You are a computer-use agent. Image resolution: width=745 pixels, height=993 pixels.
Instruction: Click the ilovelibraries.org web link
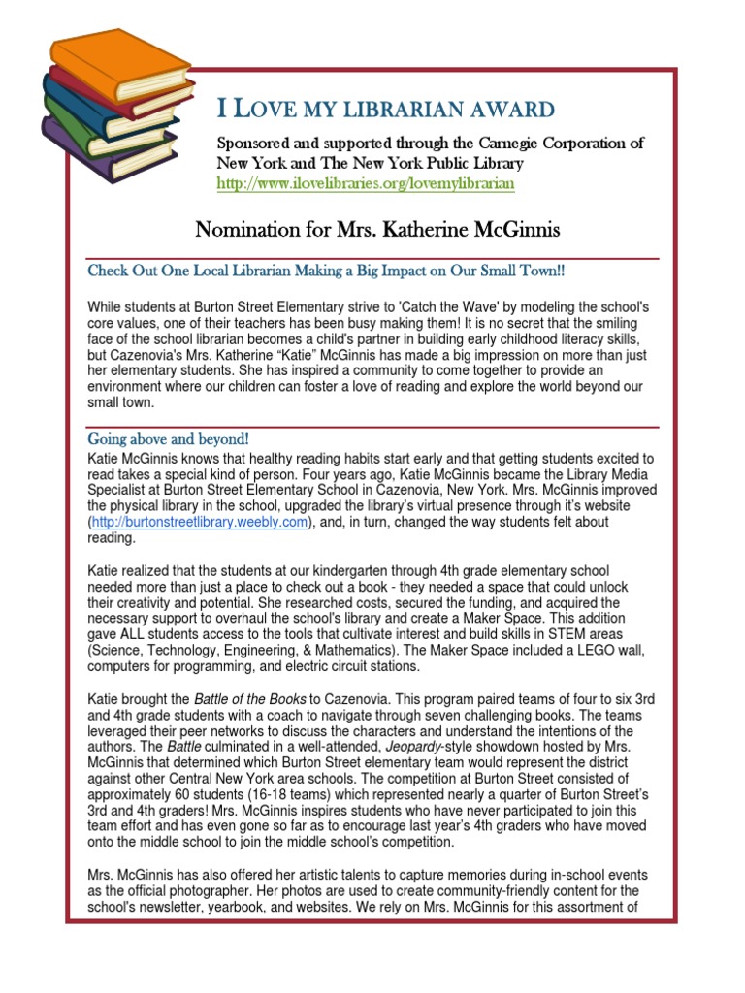pos(366,182)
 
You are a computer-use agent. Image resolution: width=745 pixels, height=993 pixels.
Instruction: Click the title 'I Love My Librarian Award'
pos(385,108)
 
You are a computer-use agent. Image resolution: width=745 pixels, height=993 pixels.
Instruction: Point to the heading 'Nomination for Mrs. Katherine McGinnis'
pos(377,230)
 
